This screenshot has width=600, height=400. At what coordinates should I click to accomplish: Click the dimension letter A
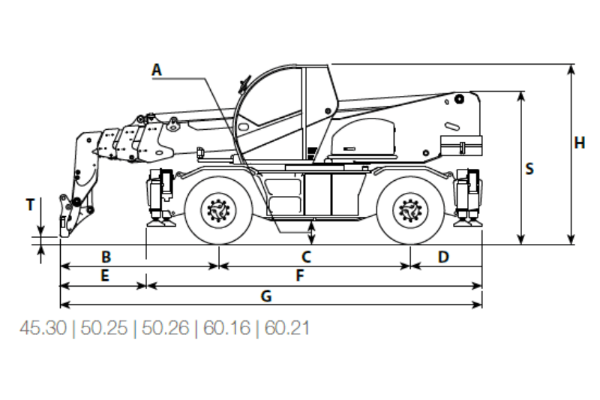coord(157,70)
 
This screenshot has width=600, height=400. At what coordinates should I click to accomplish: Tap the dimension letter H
coord(580,143)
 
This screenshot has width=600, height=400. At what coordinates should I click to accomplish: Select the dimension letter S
coord(529,169)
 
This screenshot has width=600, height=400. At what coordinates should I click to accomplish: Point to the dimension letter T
coord(30,205)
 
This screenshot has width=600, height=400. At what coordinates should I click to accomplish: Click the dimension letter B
coord(106,257)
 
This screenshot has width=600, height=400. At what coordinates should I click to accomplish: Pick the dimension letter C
coord(306,257)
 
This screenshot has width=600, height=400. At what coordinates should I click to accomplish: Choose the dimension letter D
coord(443,257)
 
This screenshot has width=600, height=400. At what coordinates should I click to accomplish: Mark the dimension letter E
coord(105,275)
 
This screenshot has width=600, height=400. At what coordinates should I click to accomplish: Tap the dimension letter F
coord(300,275)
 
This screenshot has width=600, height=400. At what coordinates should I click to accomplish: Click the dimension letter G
coord(266,296)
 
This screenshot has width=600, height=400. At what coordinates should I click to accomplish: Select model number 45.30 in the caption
coord(43,328)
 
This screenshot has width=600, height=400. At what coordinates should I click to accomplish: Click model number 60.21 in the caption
coord(287,328)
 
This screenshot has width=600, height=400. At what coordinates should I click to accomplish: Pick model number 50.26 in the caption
coord(165,328)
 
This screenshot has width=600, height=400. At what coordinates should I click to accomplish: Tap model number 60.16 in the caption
coord(226,328)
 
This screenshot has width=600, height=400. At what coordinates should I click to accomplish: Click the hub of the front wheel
coord(218,210)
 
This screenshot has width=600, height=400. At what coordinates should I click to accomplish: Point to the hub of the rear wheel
coord(410,210)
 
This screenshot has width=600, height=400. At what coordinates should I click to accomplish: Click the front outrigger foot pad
coord(161,222)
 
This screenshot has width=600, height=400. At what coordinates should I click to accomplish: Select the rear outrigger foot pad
coord(467,222)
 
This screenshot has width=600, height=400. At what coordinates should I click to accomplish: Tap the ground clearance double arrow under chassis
coord(312,233)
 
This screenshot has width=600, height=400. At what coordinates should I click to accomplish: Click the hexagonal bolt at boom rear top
coord(459,99)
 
